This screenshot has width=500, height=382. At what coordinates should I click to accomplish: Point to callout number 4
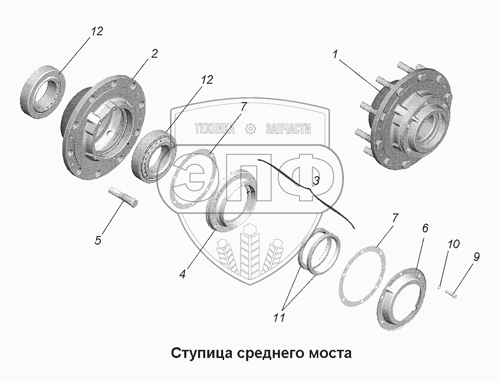[182, 273]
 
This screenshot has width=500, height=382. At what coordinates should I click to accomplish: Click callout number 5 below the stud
[98, 240]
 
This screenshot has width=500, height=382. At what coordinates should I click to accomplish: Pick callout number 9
[476, 257]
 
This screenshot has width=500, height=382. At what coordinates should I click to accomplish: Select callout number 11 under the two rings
[278, 317]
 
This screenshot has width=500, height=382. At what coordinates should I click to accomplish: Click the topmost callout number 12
[97, 31]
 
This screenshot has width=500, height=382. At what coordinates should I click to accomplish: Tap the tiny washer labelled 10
[440, 287]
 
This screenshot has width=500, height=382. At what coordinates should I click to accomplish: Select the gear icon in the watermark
[251, 129]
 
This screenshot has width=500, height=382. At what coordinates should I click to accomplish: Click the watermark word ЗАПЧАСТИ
[288, 129]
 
